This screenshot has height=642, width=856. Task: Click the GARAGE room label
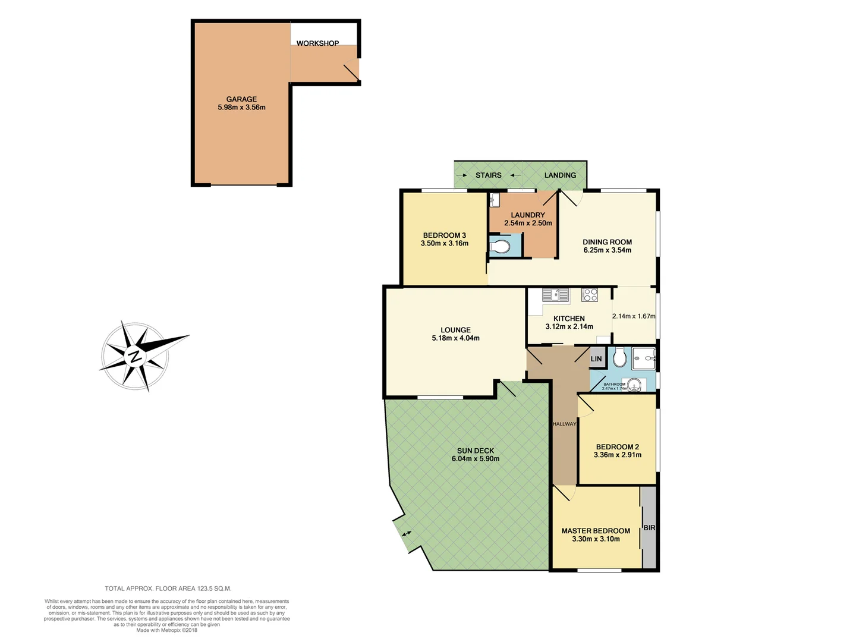[x=241, y=99]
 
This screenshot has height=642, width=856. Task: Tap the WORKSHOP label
[x=317, y=43]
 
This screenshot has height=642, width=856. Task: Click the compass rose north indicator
[x=136, y=357]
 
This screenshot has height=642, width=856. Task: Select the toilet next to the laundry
[x=501, y=246]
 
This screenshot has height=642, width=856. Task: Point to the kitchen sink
[x=555, y=294]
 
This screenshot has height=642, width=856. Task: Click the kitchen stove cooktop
[x=589, y=295]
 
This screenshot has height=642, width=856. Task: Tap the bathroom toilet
[x=619, y=358]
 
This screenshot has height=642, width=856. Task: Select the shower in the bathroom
[x=644, y=358]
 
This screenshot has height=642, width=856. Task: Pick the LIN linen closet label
[x=596, y=359]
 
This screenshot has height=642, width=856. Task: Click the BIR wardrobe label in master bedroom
[x=649, y=528]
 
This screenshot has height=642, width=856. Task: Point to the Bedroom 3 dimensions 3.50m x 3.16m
[x=445, y=243]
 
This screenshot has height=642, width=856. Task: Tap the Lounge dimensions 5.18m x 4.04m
[x=455, y=338]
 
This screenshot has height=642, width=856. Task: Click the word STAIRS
[x=489, y=175]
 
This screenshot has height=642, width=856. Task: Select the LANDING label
[x=560, y=175]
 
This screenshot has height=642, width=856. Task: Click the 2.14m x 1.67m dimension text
[x=634, y=316]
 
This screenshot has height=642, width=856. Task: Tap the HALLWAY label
[x=564, y=424]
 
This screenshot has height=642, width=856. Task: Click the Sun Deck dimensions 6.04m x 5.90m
[x=476, y=459]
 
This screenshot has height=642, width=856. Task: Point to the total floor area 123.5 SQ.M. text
[x=168, y=588]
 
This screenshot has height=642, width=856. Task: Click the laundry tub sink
[x=495, y=201]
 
